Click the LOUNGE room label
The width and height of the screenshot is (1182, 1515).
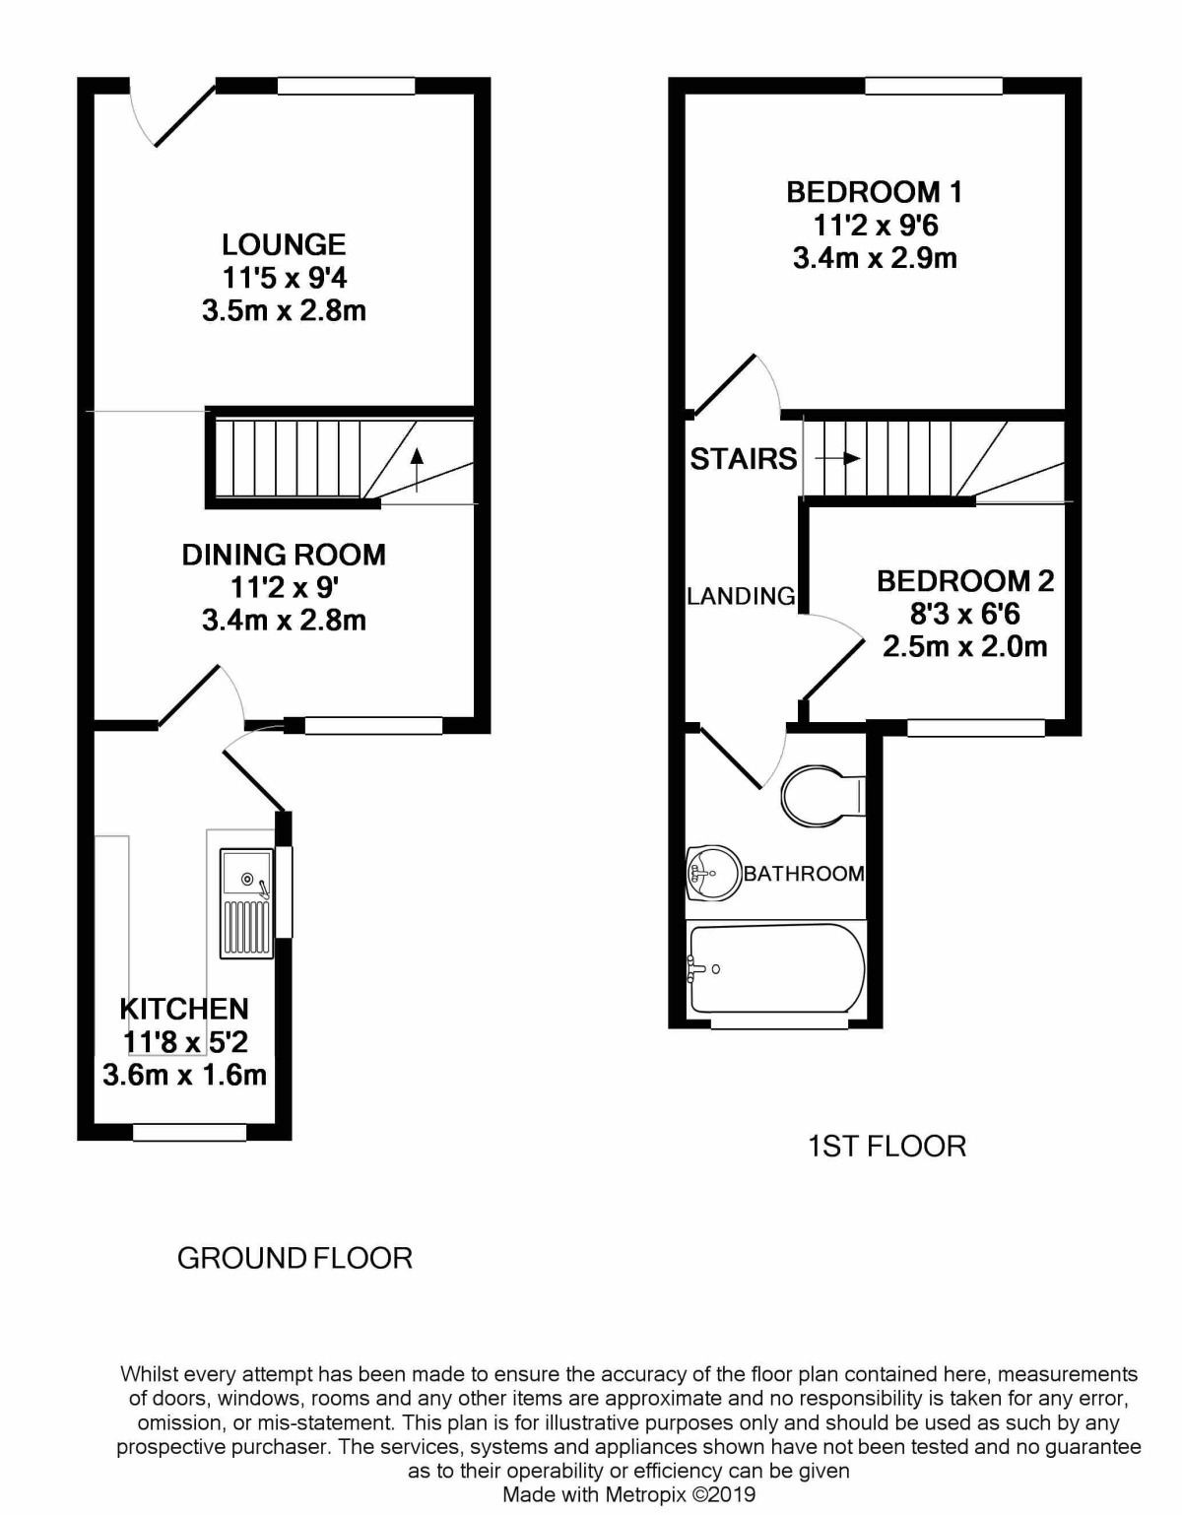[284, 244]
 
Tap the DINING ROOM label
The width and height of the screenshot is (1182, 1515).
[284, 555]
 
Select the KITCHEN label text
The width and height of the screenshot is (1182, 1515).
[184, 1009]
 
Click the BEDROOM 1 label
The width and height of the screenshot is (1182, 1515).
[875, 192]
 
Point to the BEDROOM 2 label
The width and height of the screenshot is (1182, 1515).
[965, 581]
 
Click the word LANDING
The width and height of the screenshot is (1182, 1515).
[741, 596]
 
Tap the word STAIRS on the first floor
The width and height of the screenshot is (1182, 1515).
[744, 459]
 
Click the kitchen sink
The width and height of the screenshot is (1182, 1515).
[246, 903]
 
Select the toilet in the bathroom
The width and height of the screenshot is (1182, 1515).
[823, 796]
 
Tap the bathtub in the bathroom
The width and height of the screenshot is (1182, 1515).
[776, 967]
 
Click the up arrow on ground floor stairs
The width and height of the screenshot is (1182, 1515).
[417, 470]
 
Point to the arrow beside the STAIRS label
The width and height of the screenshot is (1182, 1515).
[837, 459]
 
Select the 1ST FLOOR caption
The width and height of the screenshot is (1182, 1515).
[887, 1147]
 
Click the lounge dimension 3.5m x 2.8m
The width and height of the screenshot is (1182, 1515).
[285, 311]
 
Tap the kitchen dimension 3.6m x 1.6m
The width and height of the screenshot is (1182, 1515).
[185, 1075]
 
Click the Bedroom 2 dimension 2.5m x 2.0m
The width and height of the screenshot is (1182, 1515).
[965, 648]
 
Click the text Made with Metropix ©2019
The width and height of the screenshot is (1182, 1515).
[629, 1494]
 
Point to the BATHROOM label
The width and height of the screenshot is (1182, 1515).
[805, 874]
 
